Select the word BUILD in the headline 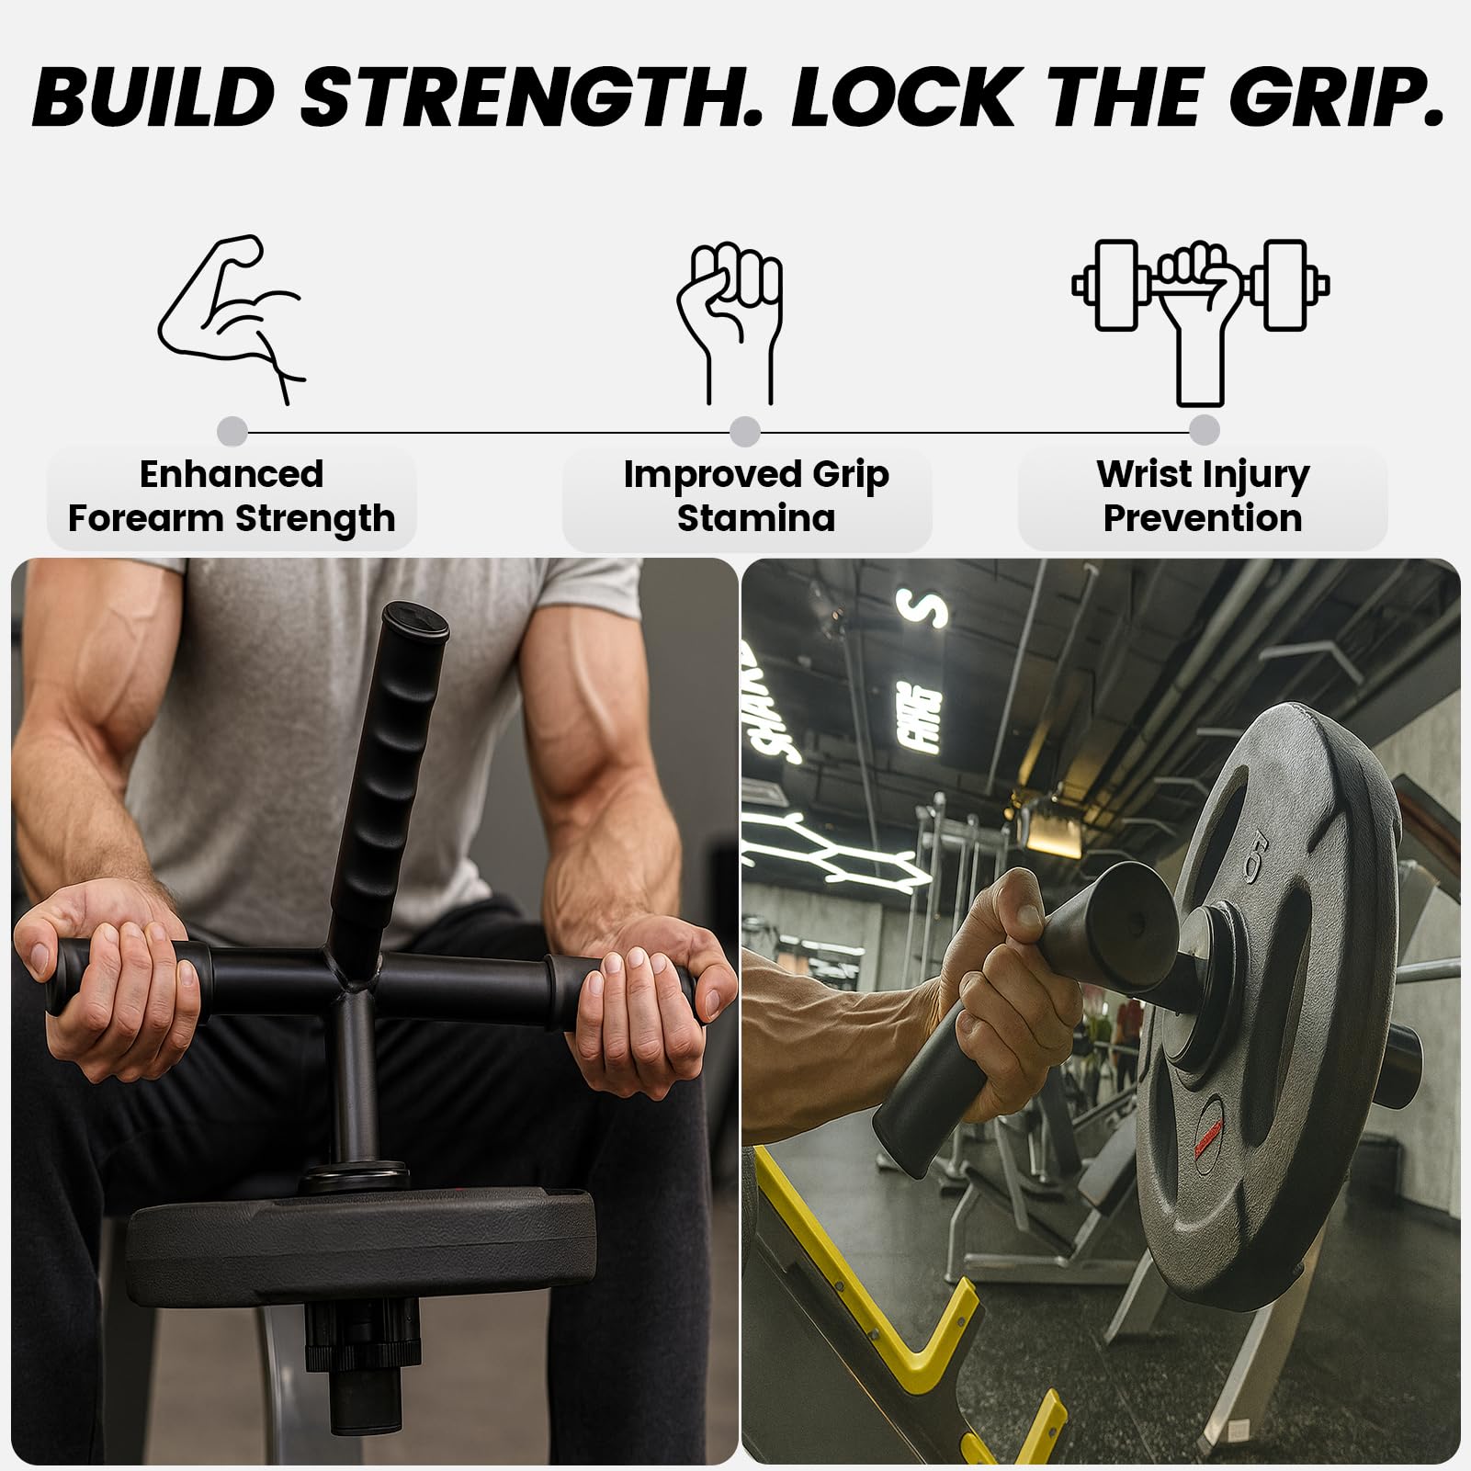[x=154, y=96]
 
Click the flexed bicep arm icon [x=232, y=319]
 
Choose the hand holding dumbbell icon [x=1201, y=322]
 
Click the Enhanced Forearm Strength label [x=232, y=496]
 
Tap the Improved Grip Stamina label [x=755, y=496]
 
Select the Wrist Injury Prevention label [x=1203, y=496]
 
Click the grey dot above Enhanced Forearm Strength [x=232, y=431]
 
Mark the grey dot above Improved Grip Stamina [x=745, y=431]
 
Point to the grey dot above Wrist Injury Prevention [x=1204, y=429]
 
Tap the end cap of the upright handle [x=415, y=619]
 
